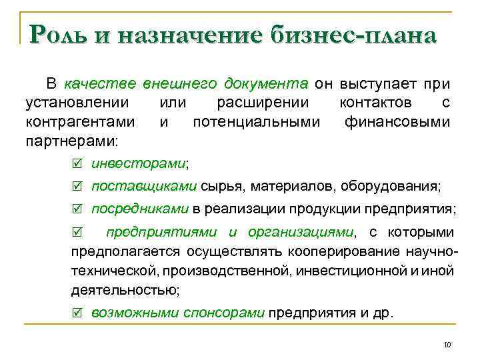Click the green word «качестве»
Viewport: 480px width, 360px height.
tap(101, 85)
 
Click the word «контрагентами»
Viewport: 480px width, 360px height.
tap(79, 122)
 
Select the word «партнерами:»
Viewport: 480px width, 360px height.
tap(71, 141)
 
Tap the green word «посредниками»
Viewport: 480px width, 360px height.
tap(140, 209)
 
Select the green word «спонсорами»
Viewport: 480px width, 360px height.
tap(225, 311)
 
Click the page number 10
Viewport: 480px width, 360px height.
tap(447, 345)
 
